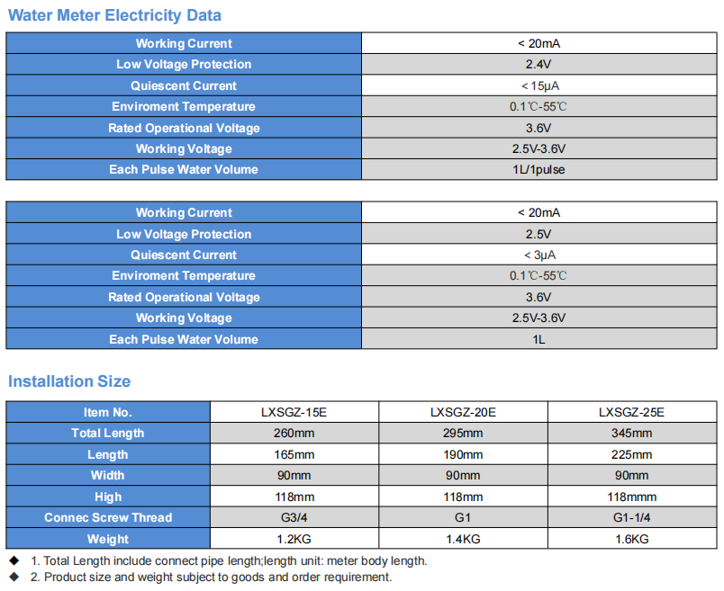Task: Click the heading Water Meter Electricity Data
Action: (114, 15)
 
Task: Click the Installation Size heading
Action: (69, 381)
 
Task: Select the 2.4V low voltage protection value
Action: (538, 64)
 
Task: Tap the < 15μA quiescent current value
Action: (539, 85)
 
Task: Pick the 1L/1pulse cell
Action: (538, 170)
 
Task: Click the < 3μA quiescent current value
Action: (539, 255)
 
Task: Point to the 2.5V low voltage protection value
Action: (538, 234)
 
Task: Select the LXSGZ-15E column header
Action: (294, 412)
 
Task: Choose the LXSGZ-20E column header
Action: (463, 412)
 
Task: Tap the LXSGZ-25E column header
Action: (631, 412)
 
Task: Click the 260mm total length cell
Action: (294, 434)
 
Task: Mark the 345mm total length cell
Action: (631, 434)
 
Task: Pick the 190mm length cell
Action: (463, 454)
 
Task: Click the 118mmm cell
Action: (631, 497)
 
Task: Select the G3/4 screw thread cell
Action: (294, 517)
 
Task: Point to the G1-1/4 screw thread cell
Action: (631, 517)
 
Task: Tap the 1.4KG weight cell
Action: (463, 539)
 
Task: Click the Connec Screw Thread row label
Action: (108, 517)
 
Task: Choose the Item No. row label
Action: (108, 412)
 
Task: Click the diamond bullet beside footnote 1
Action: (14, 560)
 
